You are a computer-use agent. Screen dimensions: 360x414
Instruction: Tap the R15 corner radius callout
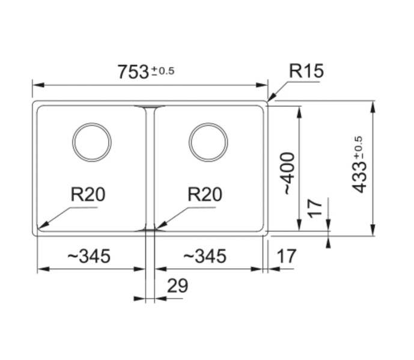coord(306,71)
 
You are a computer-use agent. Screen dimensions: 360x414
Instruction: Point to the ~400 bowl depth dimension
coord(289,172)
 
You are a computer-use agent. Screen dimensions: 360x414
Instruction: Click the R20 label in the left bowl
coord(88,195)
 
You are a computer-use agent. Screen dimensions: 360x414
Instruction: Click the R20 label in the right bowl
coord(204,195)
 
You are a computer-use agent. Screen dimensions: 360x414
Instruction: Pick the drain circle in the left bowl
coord(92,143)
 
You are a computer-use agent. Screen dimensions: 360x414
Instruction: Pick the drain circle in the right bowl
coord(208,143)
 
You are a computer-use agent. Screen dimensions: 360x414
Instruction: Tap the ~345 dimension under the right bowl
coord(204,257)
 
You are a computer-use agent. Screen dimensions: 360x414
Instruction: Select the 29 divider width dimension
coord(177,287)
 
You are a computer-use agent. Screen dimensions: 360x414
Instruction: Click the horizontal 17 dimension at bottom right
coord(287,257)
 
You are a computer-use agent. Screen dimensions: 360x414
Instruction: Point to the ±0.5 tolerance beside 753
coord(162,71)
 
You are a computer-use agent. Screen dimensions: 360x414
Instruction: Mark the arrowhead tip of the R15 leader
coord(268,101)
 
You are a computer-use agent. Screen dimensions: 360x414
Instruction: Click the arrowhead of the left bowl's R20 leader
coord(40,228)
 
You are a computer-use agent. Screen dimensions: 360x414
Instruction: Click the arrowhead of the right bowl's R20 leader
coord(156,228)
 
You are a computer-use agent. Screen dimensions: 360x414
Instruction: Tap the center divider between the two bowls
coord(150,168)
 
